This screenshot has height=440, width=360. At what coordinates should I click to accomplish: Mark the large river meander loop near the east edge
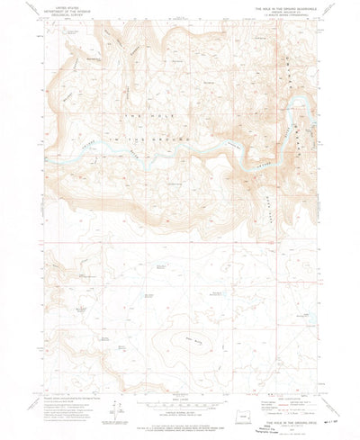298,117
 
